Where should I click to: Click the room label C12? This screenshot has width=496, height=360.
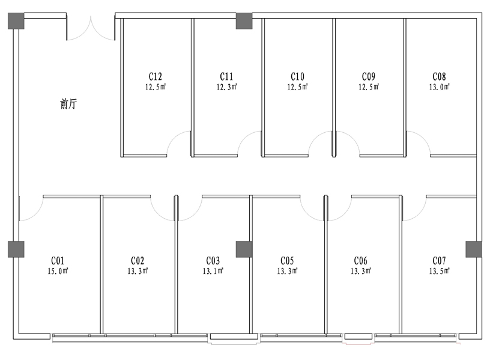pos(156,76)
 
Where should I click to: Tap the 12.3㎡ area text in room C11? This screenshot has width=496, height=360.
pos(226,87)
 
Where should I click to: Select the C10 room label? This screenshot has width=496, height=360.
pos(297,76)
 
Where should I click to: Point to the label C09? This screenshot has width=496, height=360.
pos(369,76)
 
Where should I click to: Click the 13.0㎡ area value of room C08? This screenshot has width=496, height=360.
pos(440,87)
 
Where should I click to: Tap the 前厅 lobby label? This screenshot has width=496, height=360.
pos(68,104)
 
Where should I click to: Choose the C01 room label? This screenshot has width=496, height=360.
pos(58,261)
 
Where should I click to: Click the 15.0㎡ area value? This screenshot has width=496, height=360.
pos(58,271)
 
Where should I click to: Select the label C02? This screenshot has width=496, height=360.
pos(138,261)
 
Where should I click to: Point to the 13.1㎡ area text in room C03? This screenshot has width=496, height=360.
pos(213,271)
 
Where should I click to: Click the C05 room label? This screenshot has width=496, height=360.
pos(287,261)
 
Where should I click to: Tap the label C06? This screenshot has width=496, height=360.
pos(361,261)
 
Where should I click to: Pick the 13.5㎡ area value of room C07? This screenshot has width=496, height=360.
pos(440,271)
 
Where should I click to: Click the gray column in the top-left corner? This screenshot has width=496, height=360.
pos(16,21)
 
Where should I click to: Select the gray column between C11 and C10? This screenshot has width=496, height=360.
pos(244,21)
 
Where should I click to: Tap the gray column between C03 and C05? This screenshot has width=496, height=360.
pos(244,249)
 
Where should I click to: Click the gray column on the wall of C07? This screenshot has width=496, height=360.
pos(474,249)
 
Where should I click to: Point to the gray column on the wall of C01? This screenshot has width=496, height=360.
pos(16,249)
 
